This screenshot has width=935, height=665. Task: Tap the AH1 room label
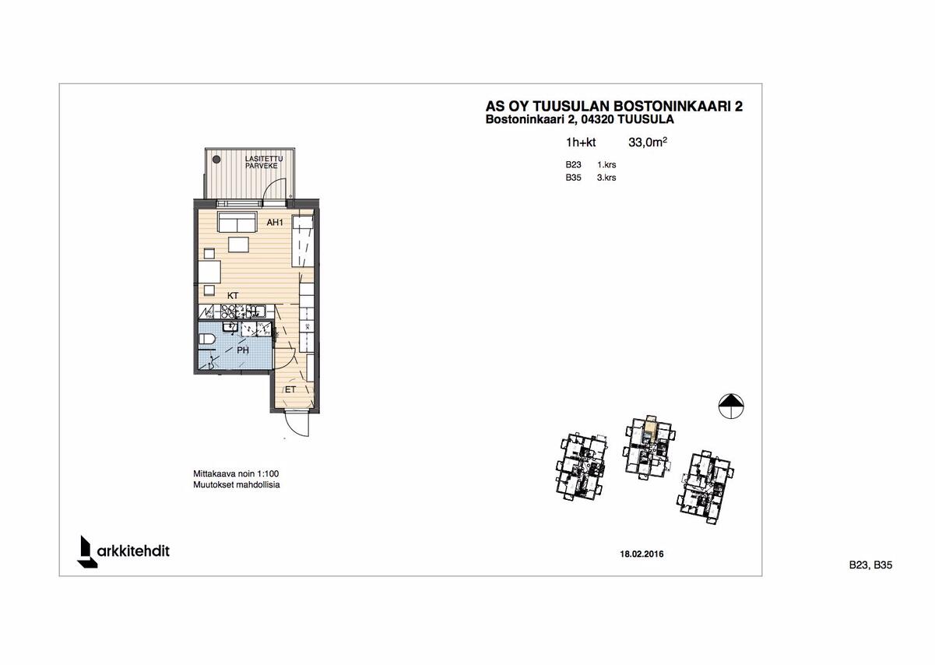click(274, 223)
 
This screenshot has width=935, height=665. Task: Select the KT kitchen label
click(232, 296)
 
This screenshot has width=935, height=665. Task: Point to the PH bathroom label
click(243, 351)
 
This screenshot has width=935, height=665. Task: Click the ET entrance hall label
click(290, 388)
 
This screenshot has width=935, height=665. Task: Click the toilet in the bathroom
click(206, 339)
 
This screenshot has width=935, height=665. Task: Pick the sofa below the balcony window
click(237, 223)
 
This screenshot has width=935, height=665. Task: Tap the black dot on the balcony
click(216, 159)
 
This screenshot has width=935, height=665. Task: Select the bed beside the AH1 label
click(303, 241)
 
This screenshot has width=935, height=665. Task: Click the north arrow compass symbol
click(729, 405)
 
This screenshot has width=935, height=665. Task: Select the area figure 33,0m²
click(648, 142)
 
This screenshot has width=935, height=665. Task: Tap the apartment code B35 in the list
click(574, 178)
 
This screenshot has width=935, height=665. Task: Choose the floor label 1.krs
click(606, 165)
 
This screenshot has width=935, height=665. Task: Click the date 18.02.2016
click(641, 554)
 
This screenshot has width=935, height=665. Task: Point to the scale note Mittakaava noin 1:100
click(236, 473)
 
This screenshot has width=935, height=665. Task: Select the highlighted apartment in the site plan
click(649, 425)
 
